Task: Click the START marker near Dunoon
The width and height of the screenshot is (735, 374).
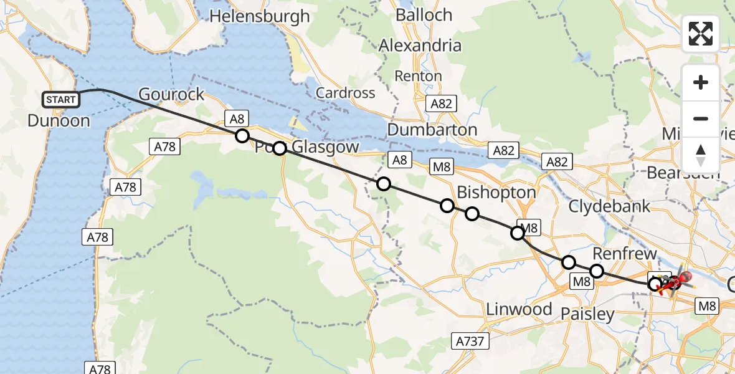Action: (x=61, y=99)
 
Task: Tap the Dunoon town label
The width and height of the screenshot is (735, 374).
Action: (x=59, y=120)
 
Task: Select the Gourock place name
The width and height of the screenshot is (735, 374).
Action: (x=171, y=94)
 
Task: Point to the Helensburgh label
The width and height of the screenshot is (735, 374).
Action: (x=260, y=16)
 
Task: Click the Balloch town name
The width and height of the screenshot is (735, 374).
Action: (x=424, y=15)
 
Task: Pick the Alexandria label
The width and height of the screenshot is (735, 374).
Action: (x=420, y=46)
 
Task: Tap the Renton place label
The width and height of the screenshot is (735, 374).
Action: (x=419, y=76)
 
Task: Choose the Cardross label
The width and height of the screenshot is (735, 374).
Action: (x=346, y=93)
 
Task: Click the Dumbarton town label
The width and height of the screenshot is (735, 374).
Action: (x=432, y=130)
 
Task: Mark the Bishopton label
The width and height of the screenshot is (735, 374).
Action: (x=496, y=192)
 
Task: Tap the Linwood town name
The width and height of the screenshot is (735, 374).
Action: (x=519, y=309)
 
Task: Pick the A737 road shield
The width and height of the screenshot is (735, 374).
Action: (x=470, y=341)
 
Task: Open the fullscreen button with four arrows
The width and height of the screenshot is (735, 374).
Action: (x=701, y=34)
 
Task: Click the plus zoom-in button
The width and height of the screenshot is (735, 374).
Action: (x=701, y=82)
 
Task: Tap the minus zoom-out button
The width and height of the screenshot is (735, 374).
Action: (x=701, y=118)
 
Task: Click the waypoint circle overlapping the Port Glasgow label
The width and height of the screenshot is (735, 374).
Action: (x=279, y=148)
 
